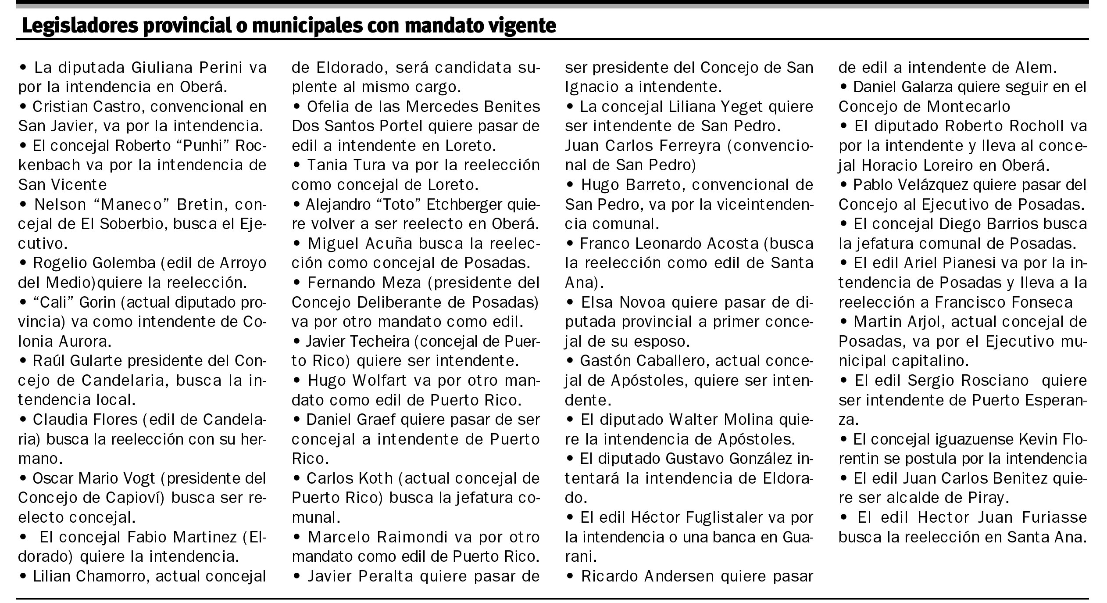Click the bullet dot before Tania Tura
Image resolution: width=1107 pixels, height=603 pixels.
pyautogui.click(x=297, y=165)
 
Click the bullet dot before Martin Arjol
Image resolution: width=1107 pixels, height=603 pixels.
pyautogui.click(x=844, y=322)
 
